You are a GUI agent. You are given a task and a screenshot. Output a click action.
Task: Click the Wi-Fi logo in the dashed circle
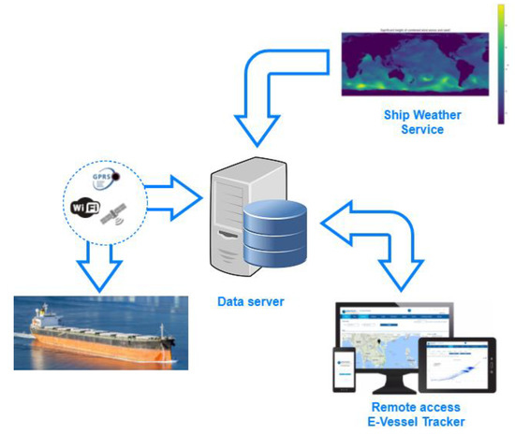[x=86, y=205]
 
